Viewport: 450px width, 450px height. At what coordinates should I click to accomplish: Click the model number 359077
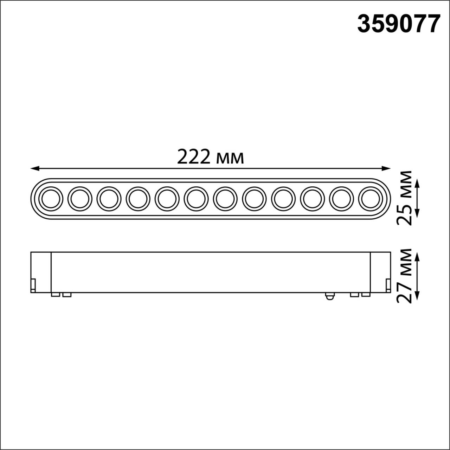coord(399,24)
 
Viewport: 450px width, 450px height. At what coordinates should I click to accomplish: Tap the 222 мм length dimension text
coord(210,157)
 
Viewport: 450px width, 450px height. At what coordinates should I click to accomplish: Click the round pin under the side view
coord(329,296)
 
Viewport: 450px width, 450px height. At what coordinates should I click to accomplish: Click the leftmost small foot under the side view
coord(55,295)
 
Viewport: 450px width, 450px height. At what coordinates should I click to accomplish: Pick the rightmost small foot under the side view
coord(366,295)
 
